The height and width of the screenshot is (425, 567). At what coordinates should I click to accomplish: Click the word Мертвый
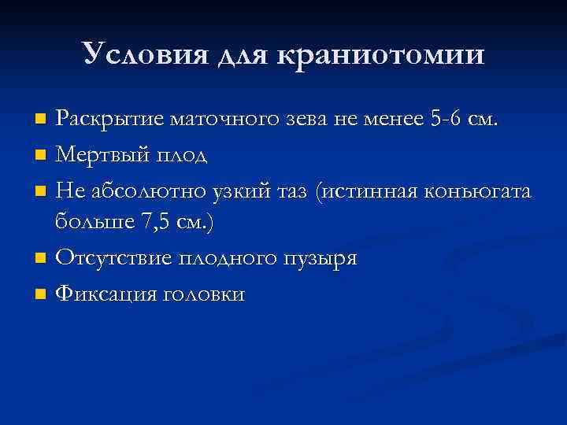pos(98,155)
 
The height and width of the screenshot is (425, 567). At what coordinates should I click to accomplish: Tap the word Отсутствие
pos(109,259)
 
